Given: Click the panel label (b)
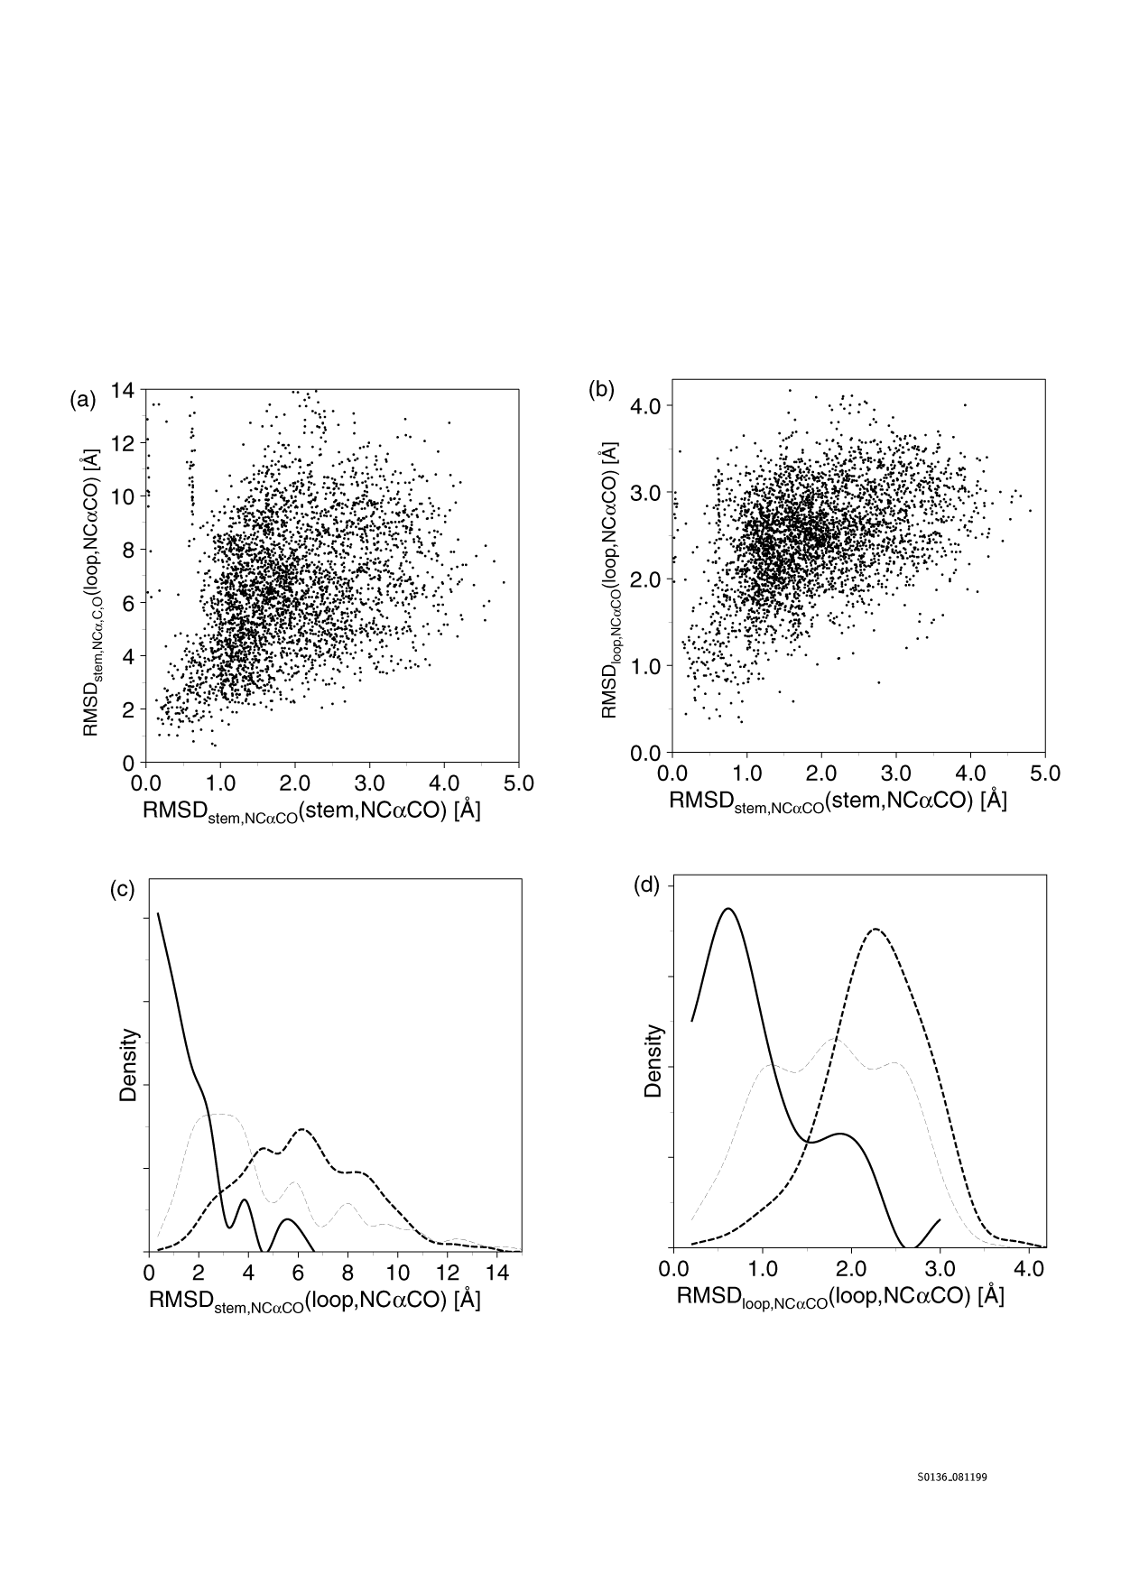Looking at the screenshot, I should [x=601, y=390].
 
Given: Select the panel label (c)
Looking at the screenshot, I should [x=122, y=889].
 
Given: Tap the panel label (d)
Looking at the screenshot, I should [x=648, y=885].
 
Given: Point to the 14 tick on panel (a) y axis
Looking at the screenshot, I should [x=123, y=390].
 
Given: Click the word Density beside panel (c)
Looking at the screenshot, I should [x=129, y=1065].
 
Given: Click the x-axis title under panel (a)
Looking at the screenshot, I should [x=311, y=811].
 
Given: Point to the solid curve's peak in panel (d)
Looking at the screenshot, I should [x=728, y=909].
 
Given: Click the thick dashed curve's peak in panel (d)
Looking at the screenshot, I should [x=874, y=929].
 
